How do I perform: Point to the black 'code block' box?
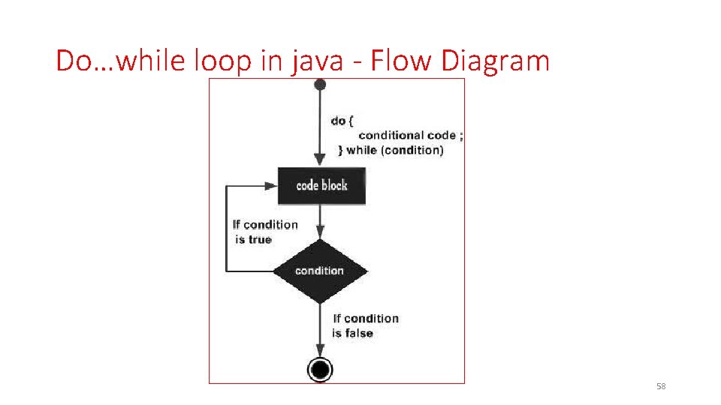pos(321,185)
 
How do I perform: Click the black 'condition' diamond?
pos(320,271)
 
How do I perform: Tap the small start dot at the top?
pos(320,85)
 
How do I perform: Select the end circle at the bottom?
pos(320,369)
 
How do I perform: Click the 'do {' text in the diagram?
pos(342,121)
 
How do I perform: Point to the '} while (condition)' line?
pos(391,150)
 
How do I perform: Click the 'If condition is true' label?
pos(264,232)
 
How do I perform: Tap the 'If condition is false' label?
pos(365,325)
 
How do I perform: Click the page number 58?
pos(661,386)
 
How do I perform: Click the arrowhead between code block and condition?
pos(320,235)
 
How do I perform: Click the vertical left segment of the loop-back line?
pos(227,228)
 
